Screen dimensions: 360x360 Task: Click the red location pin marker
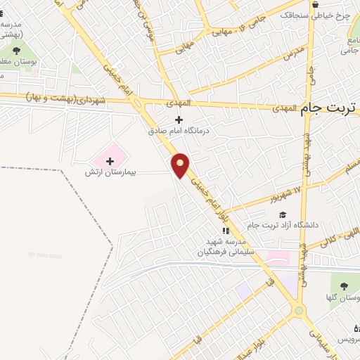[181, 165]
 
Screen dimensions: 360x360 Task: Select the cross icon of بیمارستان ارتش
[109, 161]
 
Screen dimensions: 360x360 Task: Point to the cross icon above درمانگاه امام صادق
[179, 120]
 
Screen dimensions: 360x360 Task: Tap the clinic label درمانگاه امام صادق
[179, 131]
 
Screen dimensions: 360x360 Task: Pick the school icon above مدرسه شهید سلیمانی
[226, 231]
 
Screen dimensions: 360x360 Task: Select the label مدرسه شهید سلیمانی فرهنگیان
[226, 246]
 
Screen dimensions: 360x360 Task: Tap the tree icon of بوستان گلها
[344, 286]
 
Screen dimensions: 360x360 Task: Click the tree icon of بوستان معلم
[16, 51]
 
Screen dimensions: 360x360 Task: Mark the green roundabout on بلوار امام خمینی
[300, 309]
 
